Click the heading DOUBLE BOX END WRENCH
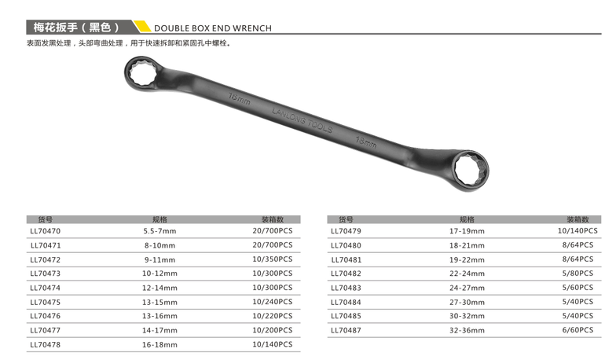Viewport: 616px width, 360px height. point(212,28)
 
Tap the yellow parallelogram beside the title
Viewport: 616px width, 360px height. point(142,26)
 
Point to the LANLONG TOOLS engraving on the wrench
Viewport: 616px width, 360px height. point(302,120)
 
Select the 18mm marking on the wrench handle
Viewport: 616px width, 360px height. point(366,141)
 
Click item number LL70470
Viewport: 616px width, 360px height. point(46,231)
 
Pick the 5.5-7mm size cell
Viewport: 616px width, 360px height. point(159,231)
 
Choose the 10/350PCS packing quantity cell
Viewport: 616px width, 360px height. point(272,259)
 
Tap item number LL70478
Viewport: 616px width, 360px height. point(46,344)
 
